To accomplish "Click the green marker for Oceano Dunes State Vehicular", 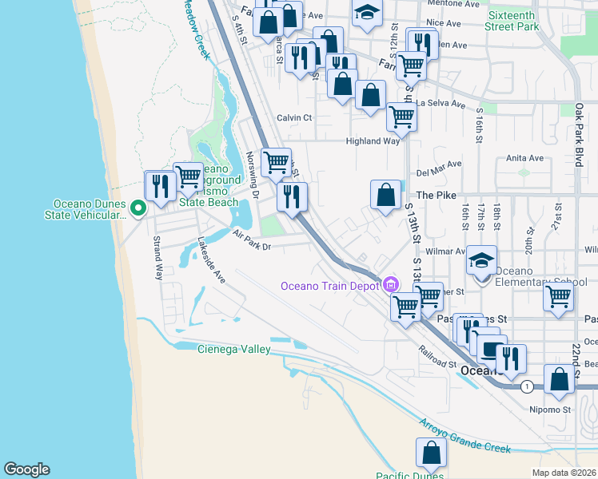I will click(x=138, y=208).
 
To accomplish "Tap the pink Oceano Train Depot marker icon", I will click(x=391, y=284).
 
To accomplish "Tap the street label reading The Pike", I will click(x=435, y=195).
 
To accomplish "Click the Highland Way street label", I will click(x=372, y=141).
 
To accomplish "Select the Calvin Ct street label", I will click(x=294, y=117).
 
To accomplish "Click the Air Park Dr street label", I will click(x=253, y=240).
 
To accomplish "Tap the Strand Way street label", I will click(x=157, y=256).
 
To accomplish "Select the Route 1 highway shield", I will click(x=526, y=386).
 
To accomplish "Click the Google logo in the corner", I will click(x=26, y=469).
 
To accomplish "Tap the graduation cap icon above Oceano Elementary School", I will click(x=481, y=261).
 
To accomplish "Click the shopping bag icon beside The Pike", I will click(x=385, y=194).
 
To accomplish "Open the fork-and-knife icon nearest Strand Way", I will click(x=159, y=186).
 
